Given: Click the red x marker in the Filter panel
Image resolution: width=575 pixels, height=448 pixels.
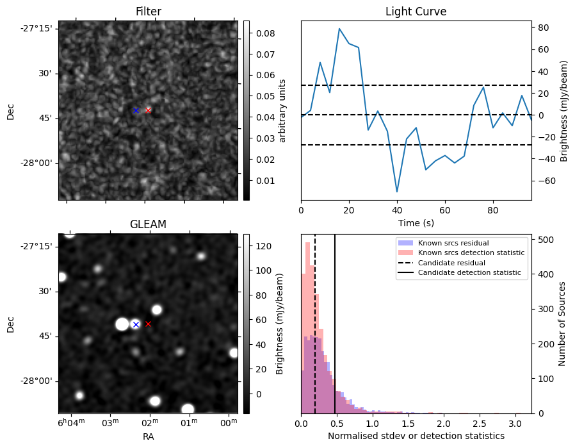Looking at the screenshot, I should point(148,110).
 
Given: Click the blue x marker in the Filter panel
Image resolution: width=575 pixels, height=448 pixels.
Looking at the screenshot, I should point(136,110).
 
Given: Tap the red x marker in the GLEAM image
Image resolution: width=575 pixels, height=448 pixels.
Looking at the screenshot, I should point(148,324).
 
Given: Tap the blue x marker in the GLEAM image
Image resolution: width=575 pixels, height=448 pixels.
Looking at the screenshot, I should point(136,324).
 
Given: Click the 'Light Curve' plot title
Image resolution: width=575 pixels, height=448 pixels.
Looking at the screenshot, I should point(416,12).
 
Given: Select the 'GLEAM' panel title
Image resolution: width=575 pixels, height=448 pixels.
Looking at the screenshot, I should point(148,224).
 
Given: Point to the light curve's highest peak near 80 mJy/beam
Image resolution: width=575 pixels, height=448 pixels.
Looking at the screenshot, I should point(339,29).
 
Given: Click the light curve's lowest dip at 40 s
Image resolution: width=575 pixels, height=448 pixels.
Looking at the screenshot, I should point(397,191).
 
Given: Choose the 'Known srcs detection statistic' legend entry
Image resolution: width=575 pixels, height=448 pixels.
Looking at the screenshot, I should point(471,253).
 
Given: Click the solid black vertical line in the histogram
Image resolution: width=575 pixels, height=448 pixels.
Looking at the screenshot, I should point(335,320).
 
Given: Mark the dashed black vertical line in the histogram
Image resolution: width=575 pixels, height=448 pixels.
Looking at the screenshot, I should point(315,320).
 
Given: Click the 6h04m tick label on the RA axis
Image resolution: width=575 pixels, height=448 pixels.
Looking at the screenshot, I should point(70,423).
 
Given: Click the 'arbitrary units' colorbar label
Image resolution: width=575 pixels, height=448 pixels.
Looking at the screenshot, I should point(282,110).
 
